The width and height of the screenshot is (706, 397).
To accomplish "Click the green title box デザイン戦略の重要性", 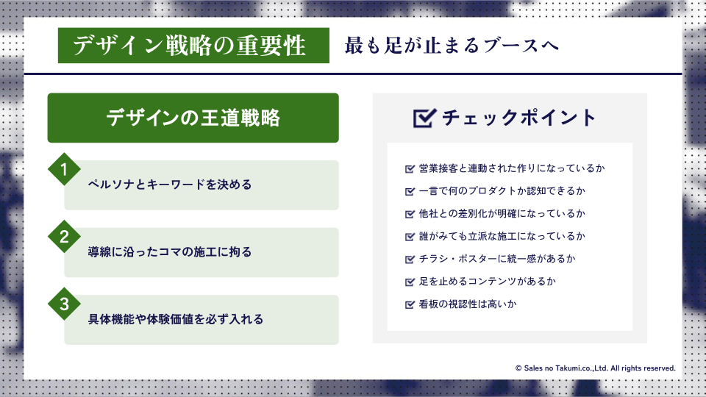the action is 193,46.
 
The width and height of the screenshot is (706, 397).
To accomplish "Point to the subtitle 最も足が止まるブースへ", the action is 452,46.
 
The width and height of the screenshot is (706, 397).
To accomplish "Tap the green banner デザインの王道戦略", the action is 193,118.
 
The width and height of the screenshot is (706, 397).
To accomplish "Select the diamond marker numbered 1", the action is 65,169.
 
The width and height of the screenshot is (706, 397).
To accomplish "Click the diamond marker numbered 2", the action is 65,237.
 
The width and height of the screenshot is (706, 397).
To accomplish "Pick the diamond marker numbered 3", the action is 65,304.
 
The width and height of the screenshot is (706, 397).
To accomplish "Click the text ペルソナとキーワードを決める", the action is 170,185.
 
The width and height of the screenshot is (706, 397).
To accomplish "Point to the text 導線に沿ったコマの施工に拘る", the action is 170,251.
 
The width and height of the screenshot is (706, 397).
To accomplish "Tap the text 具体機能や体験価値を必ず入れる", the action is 176,319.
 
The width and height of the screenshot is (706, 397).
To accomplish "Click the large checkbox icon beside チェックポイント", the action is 424,118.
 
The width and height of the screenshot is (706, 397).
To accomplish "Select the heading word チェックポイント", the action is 518,118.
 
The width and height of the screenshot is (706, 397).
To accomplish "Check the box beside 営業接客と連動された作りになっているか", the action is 410,169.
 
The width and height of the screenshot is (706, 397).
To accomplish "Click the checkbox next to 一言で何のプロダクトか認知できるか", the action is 410,191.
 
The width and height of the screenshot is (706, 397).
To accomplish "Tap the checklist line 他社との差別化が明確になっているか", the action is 502,213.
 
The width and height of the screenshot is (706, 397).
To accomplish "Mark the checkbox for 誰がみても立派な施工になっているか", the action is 410,236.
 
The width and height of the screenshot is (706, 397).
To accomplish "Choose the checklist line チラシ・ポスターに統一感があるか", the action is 497,259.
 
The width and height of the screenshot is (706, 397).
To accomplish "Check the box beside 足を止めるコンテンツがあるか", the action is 410,282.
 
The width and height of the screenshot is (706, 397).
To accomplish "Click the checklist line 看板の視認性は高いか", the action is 468,304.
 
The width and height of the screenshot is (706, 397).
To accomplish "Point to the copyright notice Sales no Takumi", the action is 595,368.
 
